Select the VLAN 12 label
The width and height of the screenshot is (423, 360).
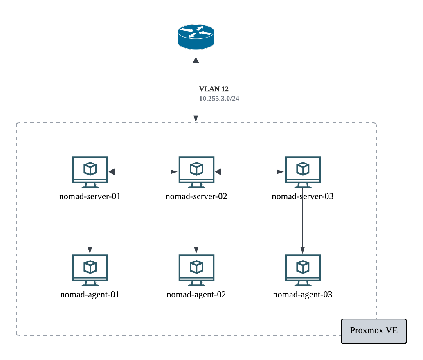[214, 89]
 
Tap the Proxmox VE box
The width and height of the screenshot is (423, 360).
[374, 331]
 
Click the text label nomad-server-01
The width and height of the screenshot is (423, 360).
[90, 196]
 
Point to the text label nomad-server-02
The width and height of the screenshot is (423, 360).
[196, 196]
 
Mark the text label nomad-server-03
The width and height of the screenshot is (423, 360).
[303, 196]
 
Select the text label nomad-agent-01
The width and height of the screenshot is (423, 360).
[90, 294]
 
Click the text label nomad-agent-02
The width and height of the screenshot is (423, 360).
[196, 294]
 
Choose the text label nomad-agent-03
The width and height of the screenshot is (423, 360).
[303, 294]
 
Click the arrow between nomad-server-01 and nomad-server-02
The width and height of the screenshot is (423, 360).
[143, 172]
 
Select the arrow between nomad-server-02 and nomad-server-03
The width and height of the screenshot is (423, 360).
[250, 172]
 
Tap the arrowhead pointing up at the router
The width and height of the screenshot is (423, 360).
[196, 61]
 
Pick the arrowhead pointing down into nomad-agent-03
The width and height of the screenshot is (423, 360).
[303, 250]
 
